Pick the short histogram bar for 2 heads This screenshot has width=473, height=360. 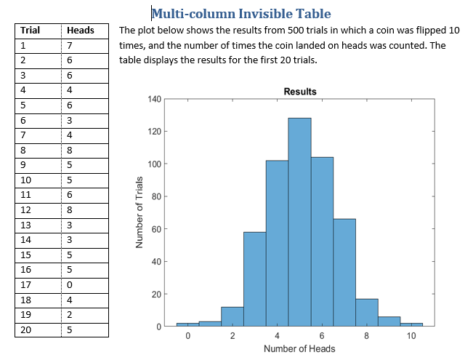(232, 316)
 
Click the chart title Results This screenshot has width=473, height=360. (299, 92)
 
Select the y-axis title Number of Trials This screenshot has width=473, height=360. (139, 212)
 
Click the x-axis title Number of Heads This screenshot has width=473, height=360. (299, 348)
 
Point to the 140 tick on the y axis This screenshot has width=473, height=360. (152, 99)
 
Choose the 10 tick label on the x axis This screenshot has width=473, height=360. (411, 336)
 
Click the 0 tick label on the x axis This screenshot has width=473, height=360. (187, 336)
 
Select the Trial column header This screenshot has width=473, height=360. (30, 31)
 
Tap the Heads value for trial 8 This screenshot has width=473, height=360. (69, 151)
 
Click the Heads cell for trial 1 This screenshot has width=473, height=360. (69, 45)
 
